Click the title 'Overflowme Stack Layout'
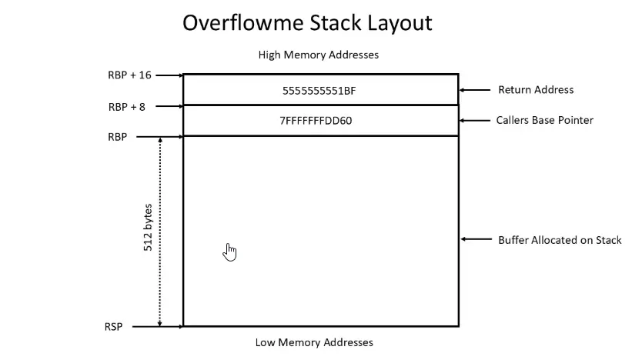tap(307, 23)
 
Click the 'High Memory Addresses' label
tap(319, 55)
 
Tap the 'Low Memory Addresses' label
tap(314, 342)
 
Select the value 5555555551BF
tap(319, 90)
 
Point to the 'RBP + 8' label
tap(127, 107)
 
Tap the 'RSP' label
tap(113, 327)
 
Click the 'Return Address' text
tap(536, 90)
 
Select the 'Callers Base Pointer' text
tap(545, 121)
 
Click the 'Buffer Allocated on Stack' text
tap(560, 240)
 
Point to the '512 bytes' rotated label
tap(148, 231)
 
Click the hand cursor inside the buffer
tap(229, 252)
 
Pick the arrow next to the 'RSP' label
tap(157, 327)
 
